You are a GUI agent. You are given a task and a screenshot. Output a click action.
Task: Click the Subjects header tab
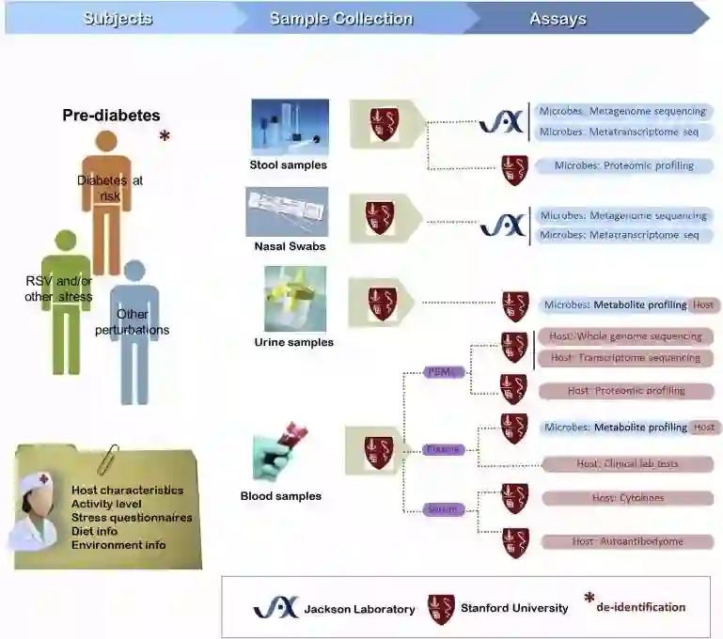pyautogui.click(x=118, y=18)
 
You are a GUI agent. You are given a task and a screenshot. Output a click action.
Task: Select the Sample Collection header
pyautogui.click(x=340, y=18)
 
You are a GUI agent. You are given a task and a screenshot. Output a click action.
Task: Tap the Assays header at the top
pyautogui.click(x=558, y=18)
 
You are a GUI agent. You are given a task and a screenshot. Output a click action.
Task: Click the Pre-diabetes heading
pyautogui.click(x=111, y=116)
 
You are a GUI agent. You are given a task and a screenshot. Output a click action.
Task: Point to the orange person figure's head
pyautogui.click(x=106, y=143)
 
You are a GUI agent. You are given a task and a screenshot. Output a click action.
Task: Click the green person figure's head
pyautogui.click(x=65, y=242)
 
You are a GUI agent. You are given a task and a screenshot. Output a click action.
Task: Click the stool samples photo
pyautogui.click(x=289, y=127)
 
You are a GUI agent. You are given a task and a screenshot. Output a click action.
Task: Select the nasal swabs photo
pyautogui.click(x=287, y=211)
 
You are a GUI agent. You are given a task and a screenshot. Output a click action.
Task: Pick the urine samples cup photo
pyautogui.click(x=294, y=298)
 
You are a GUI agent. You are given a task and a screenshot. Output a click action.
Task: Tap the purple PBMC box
pyautogui.click(x=444, y=372)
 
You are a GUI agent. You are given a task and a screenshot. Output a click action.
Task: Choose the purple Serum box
pyautogui.click(x=443, y=509)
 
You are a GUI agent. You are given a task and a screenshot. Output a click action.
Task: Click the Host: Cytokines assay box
pyautogui.click(x=627, y=497)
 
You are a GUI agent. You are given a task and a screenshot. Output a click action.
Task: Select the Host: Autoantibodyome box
pyautogui.click(x=627, y=541)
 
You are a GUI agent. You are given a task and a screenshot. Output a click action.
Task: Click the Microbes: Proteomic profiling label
pyautogui.click(x=624, y=165)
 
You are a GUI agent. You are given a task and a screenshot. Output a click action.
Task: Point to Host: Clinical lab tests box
pyautogui.click(x=627, y=463)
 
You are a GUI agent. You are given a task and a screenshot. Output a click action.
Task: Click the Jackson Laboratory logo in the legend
pyautogui.click(x=275, y=608)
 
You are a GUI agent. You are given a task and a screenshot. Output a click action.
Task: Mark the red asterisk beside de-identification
pyautogui.click(x=589, y=600)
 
